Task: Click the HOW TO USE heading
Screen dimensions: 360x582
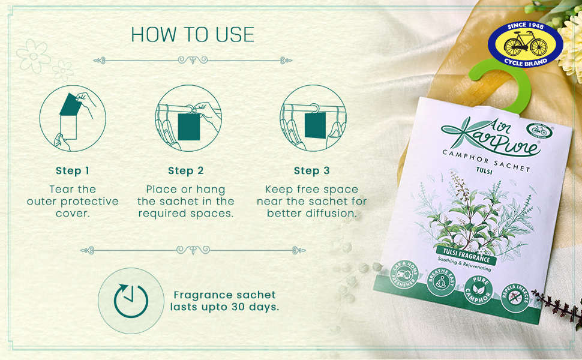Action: pos(192,35)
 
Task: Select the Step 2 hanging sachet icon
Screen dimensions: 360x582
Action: pos(188,119)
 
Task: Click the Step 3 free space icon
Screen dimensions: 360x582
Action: pos(312,119)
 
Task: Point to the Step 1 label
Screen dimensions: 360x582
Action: pos(73,171)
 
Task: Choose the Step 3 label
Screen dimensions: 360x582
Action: pos(311,171)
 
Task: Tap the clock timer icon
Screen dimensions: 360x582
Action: pos(131,301)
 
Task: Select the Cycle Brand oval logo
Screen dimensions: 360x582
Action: pos(526,45)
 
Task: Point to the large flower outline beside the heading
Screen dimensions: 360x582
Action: pos(32,56)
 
